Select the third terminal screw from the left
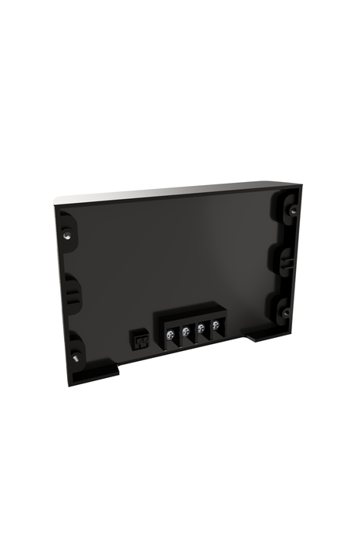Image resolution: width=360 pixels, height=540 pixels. tap(201, 329)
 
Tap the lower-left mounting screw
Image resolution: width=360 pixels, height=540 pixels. tap(76, 359)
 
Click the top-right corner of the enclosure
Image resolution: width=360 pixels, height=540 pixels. tap(299, 185)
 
